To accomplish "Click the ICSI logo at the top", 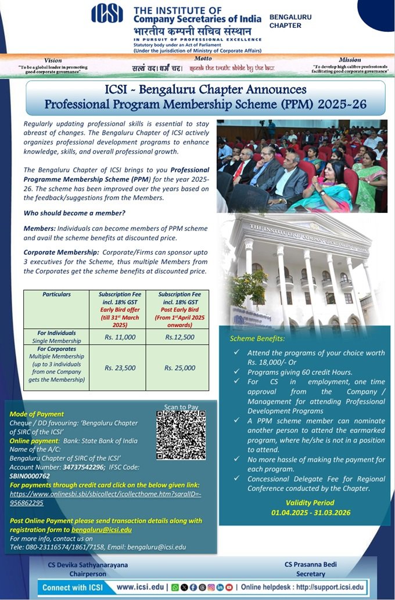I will [x=110, y=20].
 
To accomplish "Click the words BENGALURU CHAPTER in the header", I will [x=290, y=21].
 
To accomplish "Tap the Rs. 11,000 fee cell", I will [x=121, y=337].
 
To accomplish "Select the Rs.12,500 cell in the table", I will [x=179, y=337].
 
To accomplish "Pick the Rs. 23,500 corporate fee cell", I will [x=121, y=367].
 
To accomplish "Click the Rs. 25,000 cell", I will [x=179, y=367].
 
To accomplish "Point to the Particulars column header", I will [x=56, y=295].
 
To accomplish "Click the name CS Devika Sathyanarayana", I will [x=88, y=564].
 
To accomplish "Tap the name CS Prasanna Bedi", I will [x=310, y=564].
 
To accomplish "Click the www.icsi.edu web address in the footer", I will [x=140, y=587].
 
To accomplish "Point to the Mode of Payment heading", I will [x=36, y=414].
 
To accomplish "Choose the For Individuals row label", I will [x=56, y=333].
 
